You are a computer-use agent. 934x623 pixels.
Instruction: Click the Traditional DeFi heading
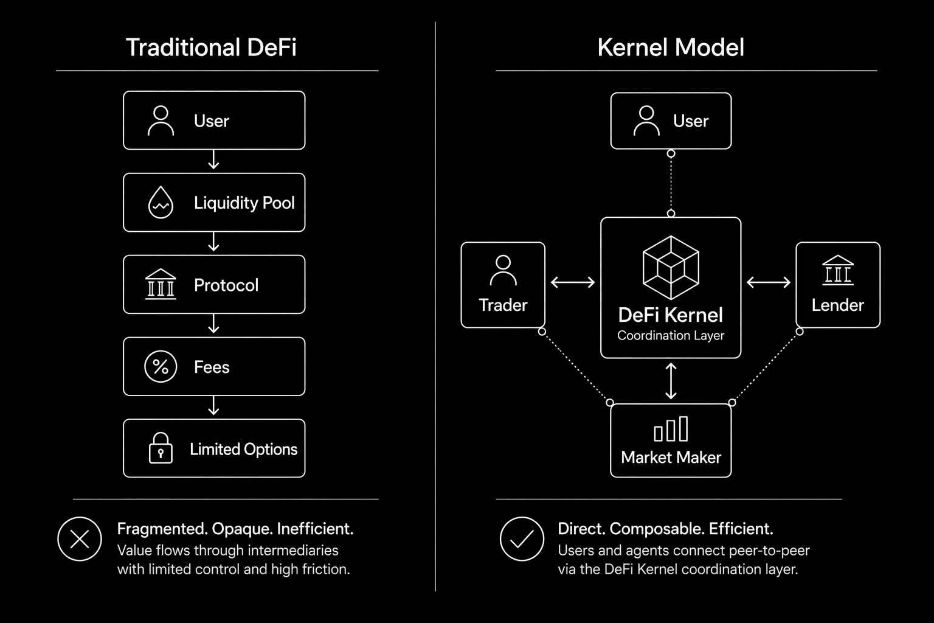(x=211, y=47)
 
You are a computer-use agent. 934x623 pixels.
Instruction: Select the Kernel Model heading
(x=671, y=47)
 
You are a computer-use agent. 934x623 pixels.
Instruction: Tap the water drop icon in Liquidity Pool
(x=161, y=203)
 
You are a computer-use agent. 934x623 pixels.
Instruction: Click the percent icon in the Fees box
(x=161, y=366)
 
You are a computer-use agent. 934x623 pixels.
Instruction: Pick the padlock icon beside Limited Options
(x=161, y=448)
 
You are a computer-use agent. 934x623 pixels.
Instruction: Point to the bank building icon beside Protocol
(x=161, y=284)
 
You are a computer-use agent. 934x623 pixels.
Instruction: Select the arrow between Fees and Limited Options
(x=213, y=406)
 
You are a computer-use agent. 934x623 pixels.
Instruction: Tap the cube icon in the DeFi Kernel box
(x=671, y=268)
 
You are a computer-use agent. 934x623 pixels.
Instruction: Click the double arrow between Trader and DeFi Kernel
(x=573, y=282)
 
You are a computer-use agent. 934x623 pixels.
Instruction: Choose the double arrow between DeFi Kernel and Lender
(x=769, y=282)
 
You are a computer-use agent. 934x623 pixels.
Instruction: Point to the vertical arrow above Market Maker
(x=671, y=381)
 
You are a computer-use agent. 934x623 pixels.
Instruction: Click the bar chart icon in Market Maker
(x=671, y=429)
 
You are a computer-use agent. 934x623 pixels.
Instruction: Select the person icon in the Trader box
(x=503, y=270)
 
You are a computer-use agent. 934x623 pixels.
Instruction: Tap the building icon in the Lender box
(x=838, y=270)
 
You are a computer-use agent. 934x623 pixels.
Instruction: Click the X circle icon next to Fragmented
(x=80, y=539)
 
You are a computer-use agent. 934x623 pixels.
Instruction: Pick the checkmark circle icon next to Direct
(x=522, y=539)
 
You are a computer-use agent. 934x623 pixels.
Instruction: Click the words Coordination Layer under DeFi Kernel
(x=671, y=335)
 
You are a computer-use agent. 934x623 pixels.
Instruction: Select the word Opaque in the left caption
(x=241, y=529)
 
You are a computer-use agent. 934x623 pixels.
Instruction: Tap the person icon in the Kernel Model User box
(x=646, y=120)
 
